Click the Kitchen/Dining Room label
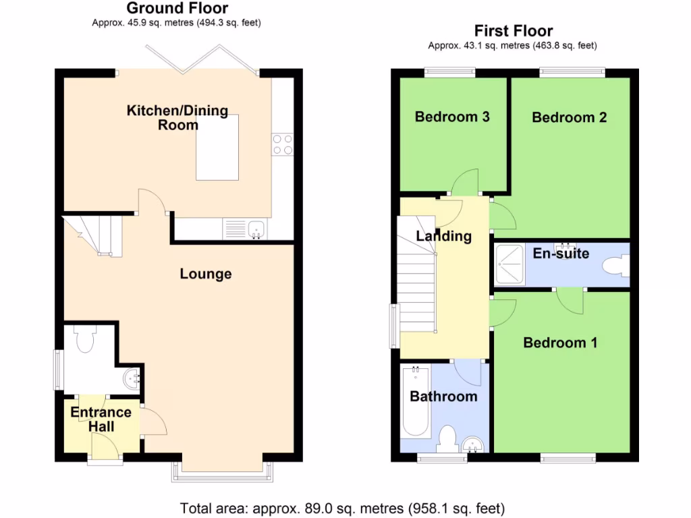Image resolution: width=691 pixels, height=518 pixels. click(x=177, y=117)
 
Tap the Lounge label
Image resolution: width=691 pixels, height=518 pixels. click(x=206, y=274)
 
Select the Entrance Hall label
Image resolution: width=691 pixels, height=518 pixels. click(x=101, y=419)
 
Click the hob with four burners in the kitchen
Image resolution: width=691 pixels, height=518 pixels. click(x=283, y=144)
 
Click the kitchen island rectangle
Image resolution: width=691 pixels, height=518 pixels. click(x=217, y=147)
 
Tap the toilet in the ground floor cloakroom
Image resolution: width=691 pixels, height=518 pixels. click(x=86, y=341)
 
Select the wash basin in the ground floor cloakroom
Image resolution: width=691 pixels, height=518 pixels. click(x=133, y=380)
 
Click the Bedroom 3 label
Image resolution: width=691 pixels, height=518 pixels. click(x=451, y=117)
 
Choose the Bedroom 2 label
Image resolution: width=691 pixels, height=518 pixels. click(x=569, y=117)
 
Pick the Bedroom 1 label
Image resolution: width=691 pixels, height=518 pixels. click(x=560, y=343)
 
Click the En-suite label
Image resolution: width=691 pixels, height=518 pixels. click(x=561, y=254)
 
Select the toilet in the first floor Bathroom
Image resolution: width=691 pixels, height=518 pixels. click(x=446, y=439)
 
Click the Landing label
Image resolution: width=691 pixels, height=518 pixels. click(x=443, y=236)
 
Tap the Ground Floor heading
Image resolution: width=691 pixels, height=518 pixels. click(x=177, y=9)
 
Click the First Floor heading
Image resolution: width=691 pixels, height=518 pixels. click(x=514, y=31)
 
